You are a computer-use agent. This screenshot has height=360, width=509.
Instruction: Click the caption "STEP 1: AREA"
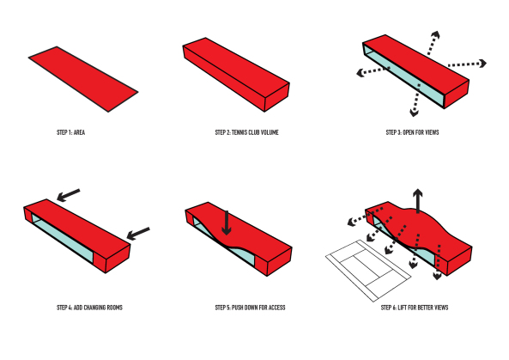(70, 132)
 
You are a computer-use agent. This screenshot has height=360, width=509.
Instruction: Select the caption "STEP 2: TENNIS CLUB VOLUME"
(246, 132)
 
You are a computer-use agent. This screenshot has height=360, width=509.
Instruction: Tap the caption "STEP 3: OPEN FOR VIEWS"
(412, 132)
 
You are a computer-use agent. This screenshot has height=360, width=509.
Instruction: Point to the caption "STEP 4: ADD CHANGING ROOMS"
(89, 308)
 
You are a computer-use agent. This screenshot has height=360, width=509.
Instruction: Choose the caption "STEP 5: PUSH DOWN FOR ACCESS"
(251, 308)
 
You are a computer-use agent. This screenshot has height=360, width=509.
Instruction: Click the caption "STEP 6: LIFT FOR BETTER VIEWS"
(415, 308)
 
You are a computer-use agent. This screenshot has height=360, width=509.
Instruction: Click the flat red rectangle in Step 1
(83, 79)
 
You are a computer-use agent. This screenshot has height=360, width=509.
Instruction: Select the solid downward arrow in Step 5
(227, 223)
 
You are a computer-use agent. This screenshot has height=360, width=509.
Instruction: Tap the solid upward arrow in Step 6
(418, 200)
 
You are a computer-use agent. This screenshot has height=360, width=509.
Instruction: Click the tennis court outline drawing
(368, 271)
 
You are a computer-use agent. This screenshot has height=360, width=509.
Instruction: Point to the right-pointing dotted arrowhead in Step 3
(483, 63)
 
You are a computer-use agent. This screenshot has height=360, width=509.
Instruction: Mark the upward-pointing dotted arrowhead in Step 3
(436, 34)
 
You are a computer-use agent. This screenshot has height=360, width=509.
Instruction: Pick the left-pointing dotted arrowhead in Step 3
(360, 73)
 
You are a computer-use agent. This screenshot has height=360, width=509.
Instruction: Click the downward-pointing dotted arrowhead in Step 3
(414, 113)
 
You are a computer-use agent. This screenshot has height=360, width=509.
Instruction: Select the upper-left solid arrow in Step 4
(68, 195)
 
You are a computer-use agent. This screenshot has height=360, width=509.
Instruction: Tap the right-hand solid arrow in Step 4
(138, 234)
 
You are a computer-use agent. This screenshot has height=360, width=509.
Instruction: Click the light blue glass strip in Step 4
(63, 238)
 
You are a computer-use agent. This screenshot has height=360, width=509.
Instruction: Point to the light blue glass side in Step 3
(403, 76)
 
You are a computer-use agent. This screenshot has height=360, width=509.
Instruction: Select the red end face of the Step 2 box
(277, 97)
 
